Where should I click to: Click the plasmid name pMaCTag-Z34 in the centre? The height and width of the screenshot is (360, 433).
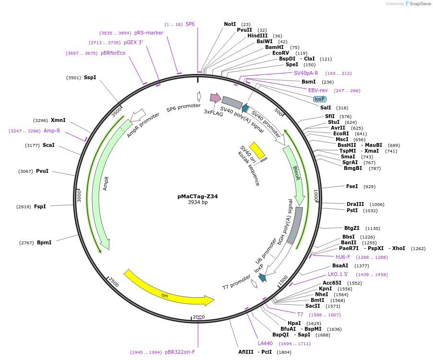point(198,196)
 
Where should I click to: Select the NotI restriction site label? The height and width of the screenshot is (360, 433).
point(230,24)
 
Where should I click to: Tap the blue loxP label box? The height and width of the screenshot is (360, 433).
point(319,99)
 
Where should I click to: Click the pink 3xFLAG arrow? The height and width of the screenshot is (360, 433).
point(215,98)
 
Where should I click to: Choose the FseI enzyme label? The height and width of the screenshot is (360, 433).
point(352,186)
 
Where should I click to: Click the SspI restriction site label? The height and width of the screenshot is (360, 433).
point(90,77)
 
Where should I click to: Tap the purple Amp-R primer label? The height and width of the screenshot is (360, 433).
point(52,131)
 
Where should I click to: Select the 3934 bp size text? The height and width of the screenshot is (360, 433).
point(198,203)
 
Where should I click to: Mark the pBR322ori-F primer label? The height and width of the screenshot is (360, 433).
point(180,352)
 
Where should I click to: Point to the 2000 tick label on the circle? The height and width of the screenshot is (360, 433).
point(199,317)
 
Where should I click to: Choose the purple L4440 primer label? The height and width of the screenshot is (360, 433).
point(265,343)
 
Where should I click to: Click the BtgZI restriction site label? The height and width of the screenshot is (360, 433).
point(352,228)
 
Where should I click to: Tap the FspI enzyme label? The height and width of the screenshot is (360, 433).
point(40,207)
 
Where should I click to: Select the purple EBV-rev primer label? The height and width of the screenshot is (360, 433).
point(318,90)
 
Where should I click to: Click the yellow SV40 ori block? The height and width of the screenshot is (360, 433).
point(257,150)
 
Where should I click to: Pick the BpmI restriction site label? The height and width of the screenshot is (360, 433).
point(44,243)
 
